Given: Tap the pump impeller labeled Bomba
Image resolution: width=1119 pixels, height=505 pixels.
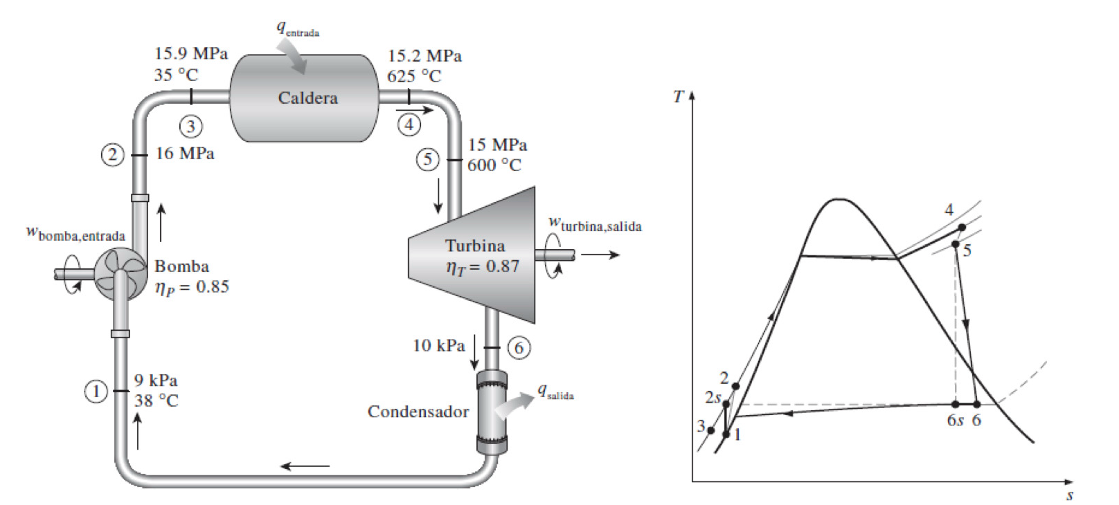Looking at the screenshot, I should (x=118, y=275).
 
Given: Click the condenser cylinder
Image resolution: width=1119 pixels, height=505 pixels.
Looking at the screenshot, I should (x=492, y=412).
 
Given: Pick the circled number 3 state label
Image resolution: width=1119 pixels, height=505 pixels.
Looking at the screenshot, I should (x=191, y=126).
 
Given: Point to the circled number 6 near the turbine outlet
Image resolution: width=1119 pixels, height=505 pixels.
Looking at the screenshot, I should (x=519, y=347).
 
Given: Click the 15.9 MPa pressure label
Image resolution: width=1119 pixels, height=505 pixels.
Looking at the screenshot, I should (x=191, y=54).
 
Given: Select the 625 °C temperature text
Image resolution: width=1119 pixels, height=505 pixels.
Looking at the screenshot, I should (x=413, y=76).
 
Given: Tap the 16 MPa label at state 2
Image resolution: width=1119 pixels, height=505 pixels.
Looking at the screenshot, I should (x=185, y=154).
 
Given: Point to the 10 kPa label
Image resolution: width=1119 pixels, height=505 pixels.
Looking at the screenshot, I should (x=438, y=345).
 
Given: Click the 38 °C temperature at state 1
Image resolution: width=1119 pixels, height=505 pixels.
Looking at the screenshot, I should (x=156, y=401).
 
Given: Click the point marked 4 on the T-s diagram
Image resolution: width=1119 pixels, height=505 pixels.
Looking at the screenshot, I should (x=962, y=228).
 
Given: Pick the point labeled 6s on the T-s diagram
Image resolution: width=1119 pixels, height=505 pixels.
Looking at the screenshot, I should (x=956, y=404).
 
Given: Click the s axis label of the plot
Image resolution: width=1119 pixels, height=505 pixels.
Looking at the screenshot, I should (x=1070, y=495).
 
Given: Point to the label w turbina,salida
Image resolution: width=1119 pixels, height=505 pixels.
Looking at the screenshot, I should (x=595, y=224).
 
